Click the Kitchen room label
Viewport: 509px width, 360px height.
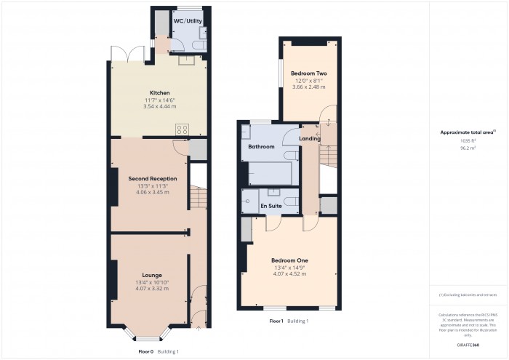click(x=159, y=93)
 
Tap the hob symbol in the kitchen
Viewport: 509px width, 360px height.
click(x=182, y=129)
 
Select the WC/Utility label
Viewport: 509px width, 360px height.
click(x=187, y=21)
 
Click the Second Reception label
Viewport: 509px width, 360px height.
click(x=152, y=178)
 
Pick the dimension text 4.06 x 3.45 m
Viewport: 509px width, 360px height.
click(x=152, y=192)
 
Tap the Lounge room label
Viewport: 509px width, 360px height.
click(x=152, y=275)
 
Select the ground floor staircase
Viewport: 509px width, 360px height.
click(x=197, y=196)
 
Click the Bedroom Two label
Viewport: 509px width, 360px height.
click(x=308, y=73)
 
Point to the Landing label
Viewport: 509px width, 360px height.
click(x=310, y=139)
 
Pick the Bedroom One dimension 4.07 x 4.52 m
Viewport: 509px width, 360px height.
click(x=289, y=274)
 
